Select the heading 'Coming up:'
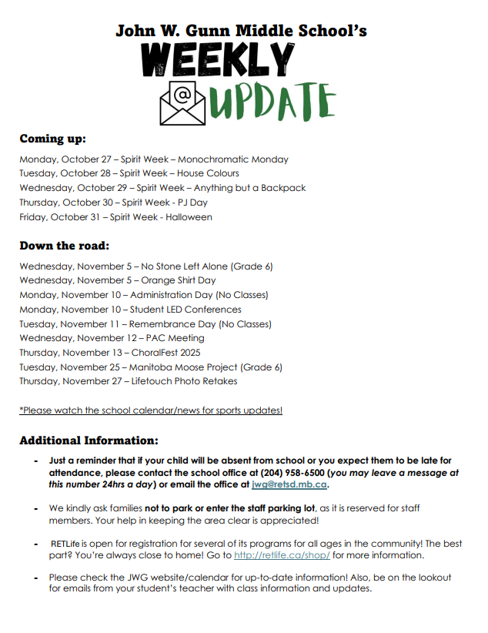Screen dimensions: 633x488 52,139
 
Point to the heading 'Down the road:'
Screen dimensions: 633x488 65,246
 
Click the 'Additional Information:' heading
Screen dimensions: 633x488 89,440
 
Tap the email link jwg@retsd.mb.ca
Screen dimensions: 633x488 290,485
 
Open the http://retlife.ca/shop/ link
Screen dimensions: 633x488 282,555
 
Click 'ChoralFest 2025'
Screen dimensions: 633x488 169,353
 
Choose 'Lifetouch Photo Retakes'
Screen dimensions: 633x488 184,381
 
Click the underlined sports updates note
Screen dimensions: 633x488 151,410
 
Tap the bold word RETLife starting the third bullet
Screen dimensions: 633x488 67,542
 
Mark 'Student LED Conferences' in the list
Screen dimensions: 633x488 186,310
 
